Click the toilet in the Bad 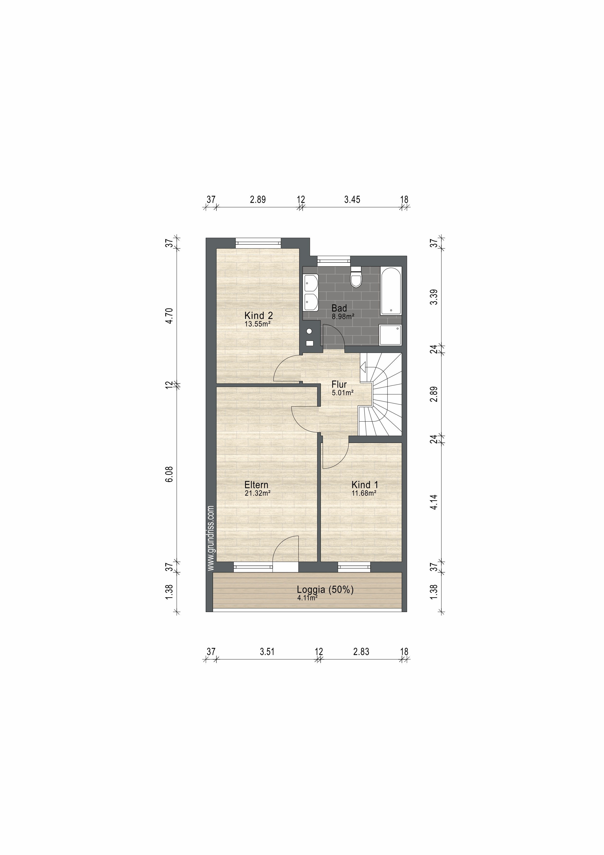click(356, 277)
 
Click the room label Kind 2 click(259, 315)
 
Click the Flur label click(339, 384)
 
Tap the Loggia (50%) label click(325, 589)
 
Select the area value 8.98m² click(343, 317)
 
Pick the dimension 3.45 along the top click(352, 200)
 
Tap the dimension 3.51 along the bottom click(267, 652)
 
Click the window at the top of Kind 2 click(258, 242)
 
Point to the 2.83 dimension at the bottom click(361, 652)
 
